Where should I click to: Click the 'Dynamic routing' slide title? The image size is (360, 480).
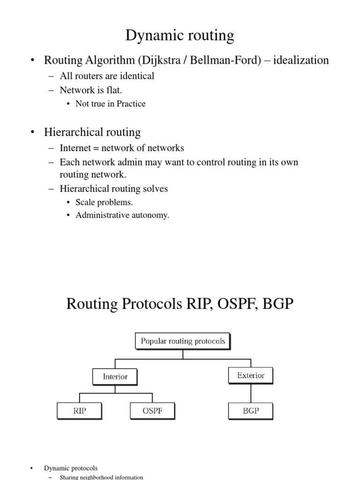[180, 35]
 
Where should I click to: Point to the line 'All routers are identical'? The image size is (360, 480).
[107, 76]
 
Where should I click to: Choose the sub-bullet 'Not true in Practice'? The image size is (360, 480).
[111, 104]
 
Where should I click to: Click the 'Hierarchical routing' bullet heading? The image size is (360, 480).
[92, 133]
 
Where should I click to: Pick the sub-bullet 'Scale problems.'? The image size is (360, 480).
[104, 202]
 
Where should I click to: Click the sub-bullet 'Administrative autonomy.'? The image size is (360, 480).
[122, 216]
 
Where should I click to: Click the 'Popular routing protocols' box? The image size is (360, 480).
[183, 341]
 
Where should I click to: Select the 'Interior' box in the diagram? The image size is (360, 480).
[115, 376]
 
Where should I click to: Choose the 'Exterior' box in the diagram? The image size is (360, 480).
[250, 375]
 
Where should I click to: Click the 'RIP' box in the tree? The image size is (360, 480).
[79, 411]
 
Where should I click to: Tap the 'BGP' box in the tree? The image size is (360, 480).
[250, 411]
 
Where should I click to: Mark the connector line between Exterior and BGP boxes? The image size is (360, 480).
[250, 393]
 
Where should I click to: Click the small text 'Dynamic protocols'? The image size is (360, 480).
[71, 468]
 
